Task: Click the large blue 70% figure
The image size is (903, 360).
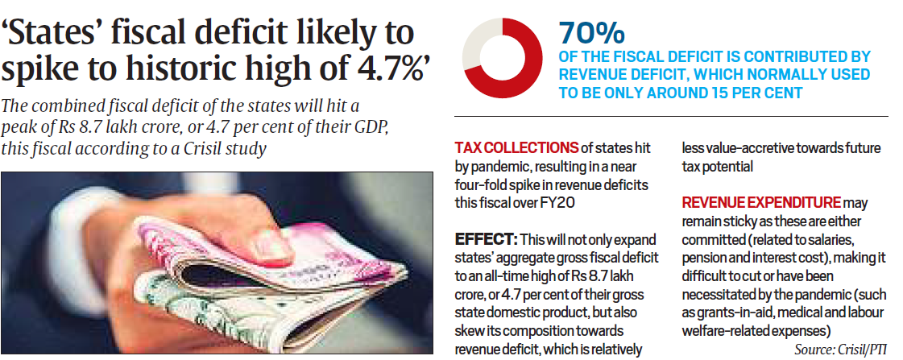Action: (592, 34)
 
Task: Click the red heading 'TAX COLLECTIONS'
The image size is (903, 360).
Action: (516, 148)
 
